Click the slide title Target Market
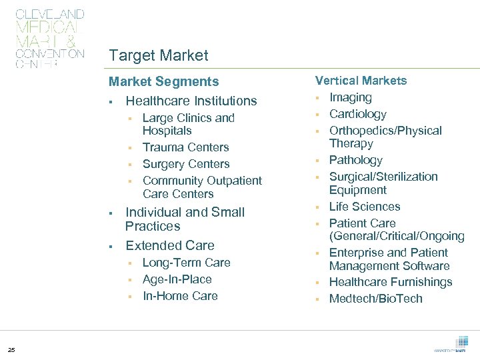click(x=159, y=56)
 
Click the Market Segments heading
click(x=164, y=82)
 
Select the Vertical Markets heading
click(x=361, y=81)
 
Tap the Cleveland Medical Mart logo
click(x=50, y=39)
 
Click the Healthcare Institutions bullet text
click(x=191, y=101)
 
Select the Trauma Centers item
click(x=185, y=147)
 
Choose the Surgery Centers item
click(x=186, y=164)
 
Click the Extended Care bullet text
click(x=170, y=245)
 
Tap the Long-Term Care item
click(x=186, y=263)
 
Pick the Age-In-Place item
click(x=177, y=279)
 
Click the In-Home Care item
click(x=180, y=296)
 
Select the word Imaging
click(x=351, y=97)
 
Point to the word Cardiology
click(x=357, y=114)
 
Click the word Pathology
click(x=356, y=161)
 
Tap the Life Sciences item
click(x=365, y=207)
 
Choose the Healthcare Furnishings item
click(x=391, y=283)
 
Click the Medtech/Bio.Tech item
click(x=376, y=299)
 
